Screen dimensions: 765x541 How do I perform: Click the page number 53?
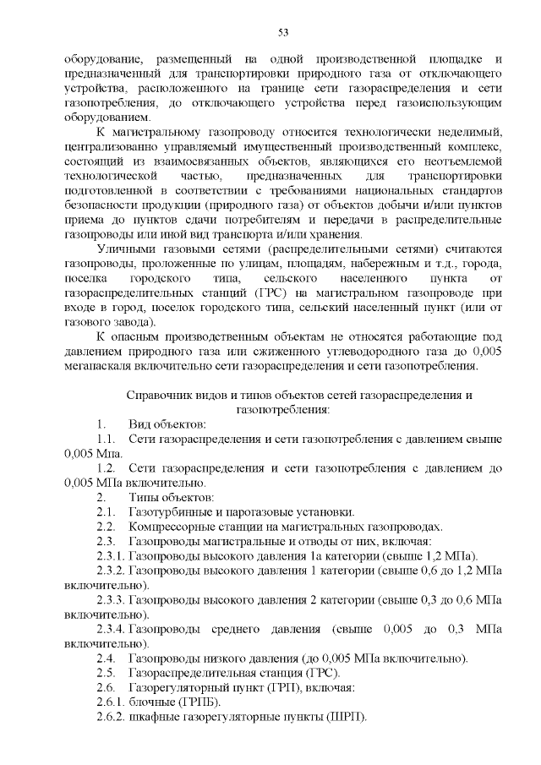282,33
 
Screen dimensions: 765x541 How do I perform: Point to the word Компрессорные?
170,526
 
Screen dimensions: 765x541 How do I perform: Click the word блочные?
153,702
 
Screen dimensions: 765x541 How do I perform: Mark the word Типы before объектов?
143,497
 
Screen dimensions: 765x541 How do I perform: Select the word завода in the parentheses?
128,322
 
